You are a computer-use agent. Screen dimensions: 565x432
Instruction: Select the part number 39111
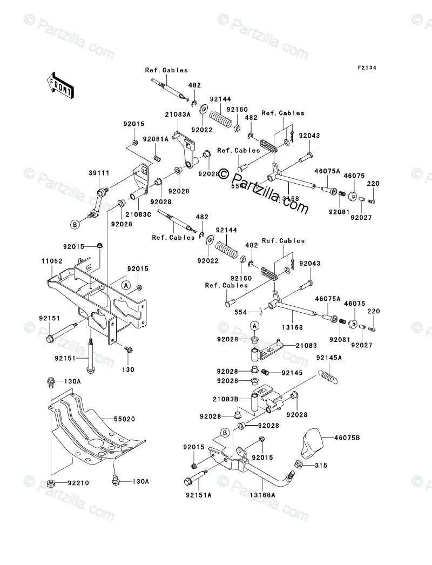tap(97, 173)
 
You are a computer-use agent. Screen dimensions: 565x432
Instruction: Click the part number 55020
tap(126, 419)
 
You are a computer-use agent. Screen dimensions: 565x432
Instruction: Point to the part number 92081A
tap(156, 139)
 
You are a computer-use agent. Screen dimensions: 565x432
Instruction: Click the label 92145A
tap(329, 357)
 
